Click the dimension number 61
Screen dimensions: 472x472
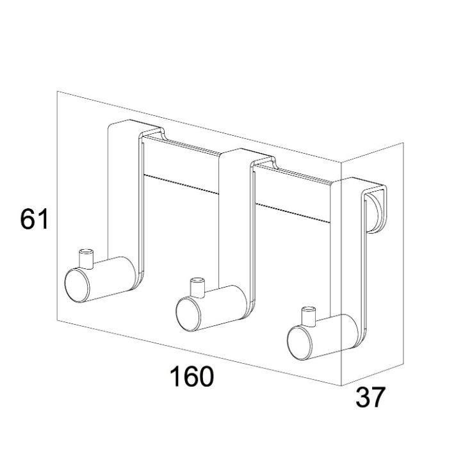click(35, 220)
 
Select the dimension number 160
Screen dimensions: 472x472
click(191, 377)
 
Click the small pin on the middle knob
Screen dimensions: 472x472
click(197, 286)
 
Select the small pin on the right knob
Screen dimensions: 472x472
click(308, 314)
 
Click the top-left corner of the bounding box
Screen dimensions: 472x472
click(58, 92)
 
